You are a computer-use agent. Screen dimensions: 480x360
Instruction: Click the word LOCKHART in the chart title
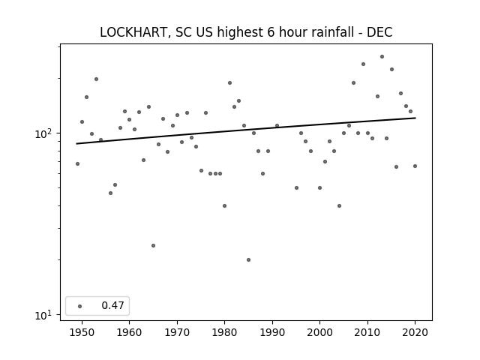(x=133, y=32)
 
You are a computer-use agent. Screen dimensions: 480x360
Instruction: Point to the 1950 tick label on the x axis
(x=82, y=332)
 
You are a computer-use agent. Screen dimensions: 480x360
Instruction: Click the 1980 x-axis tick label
(x=225, y=332)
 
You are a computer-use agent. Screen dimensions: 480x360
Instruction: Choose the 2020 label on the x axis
(x=415, y=332)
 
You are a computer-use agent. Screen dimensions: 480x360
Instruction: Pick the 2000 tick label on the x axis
(x=320, y=332)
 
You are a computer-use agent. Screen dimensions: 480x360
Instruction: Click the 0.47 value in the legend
(x=113, y=305)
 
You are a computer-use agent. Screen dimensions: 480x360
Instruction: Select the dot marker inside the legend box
(x=80, y=306)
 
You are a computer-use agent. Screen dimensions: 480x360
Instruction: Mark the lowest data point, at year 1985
(x=248, y=260)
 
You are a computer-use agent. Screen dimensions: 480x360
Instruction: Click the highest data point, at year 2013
(x=382, y=57)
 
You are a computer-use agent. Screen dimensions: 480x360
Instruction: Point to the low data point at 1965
(x=153, y=245)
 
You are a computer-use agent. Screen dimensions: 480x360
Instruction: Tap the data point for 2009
(x=363, y=64)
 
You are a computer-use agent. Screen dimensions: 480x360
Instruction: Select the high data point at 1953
(x=96, y=79)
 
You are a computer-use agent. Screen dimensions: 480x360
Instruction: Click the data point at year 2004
(x=339, y=206)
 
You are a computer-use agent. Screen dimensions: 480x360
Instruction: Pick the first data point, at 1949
(x=77, y=164)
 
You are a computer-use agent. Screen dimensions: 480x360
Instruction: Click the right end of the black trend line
(x=415, y=118)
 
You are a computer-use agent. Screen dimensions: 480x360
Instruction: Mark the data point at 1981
(x=230, y=83)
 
